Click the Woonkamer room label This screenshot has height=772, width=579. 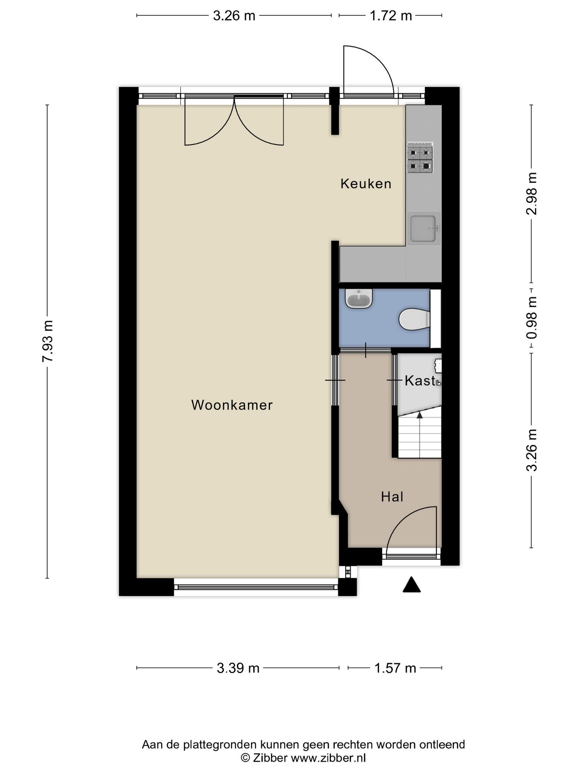point(232,405)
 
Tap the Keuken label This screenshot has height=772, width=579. point(366,184)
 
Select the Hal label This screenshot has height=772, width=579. point(392,497)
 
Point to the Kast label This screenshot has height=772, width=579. point(420,381)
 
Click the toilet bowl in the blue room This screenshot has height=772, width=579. point(414,319)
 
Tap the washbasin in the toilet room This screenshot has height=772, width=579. point(359,299)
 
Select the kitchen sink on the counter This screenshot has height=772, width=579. point(424,228)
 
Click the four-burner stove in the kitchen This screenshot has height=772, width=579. point(420,158)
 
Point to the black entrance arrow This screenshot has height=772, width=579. point(412,585)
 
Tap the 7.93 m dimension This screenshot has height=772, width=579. point(48,341)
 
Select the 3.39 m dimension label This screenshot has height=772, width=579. point(238,668)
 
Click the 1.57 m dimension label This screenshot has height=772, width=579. point(395,668)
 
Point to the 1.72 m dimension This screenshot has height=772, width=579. point(391,16)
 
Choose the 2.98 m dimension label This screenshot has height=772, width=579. point(532,193)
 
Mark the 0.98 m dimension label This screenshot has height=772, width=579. point(532,317)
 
